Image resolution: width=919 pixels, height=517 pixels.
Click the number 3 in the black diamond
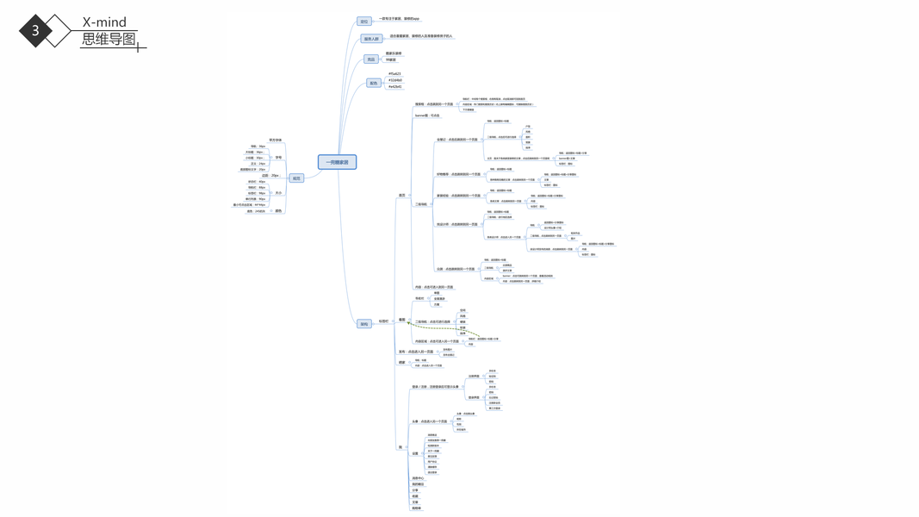pyautogui.click(x=35, y=30)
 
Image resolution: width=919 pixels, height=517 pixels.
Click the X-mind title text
pyautogui.click(x=104, y=22)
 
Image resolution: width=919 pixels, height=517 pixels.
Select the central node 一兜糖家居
pyautogui.click(x=337, y=162)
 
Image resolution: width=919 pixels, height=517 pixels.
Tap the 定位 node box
pyautogui.click(x=364, y=22)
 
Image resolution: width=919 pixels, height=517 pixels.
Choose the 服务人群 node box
pyautogui.click(x=371, y=39)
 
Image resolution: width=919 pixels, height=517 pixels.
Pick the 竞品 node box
pyautogui.click(x=370, y=59)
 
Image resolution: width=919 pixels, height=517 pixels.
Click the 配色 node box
pyautogui.click(x=373, y=84)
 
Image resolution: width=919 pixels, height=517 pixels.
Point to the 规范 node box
pyautogui.click(x=296, y=178)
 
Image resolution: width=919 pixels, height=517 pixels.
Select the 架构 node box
pyautogui.click(x=364, y=324)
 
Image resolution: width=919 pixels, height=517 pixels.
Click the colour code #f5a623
pyautogui.click(x=394, y=74)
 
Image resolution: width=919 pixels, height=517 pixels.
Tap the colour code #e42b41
pyautogui.click(x=394, y=86)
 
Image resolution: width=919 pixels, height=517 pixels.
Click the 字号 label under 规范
pyautogui.click(x=278, y=158)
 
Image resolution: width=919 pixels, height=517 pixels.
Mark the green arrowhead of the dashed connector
pyautogui.click(x=408, y=322)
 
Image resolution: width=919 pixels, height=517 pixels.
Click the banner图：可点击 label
pyautogui.click(x=427, y=115)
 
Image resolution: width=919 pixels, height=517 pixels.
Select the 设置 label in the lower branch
pyautogui.click(x=415, y=453)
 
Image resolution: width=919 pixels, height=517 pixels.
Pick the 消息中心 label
pyautogui.click(x=418, y=478)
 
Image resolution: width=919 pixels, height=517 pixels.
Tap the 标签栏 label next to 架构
pyautogui.click(x=383, y=321)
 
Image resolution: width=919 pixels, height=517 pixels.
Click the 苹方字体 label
pyautogui.click(x=276, y=140)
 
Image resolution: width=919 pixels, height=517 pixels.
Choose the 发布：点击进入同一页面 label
pyautogui.click(x=416, y=352)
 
